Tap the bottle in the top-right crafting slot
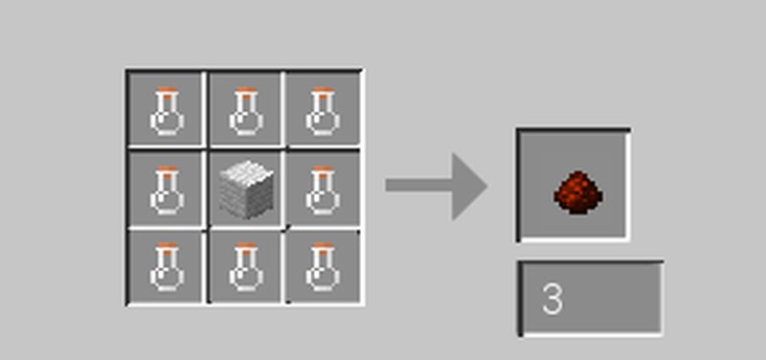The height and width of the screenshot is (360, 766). click(322, 109)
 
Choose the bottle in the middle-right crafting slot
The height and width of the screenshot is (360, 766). click(322, 189)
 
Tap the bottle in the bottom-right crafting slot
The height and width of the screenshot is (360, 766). click(322, 267)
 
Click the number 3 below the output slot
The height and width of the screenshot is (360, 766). click(552, 300)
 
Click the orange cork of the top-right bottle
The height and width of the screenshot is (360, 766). click(322, 90)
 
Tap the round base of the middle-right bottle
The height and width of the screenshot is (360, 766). click(322, 199)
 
